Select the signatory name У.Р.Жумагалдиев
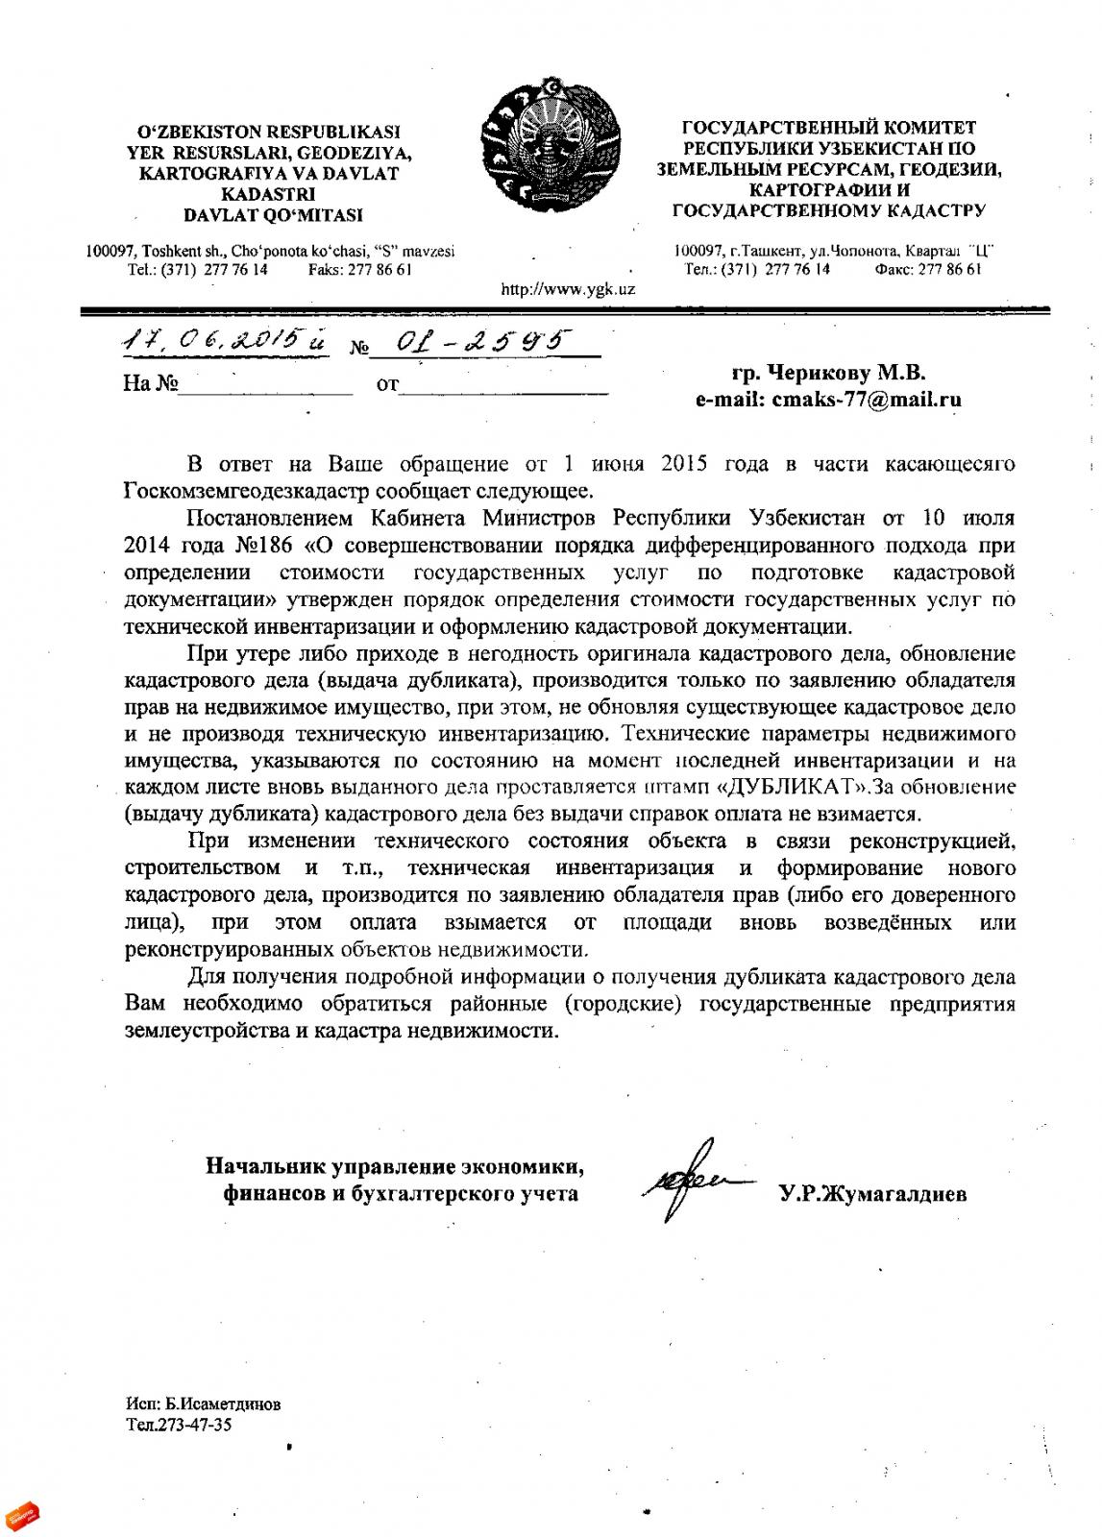[x=873, y=1195]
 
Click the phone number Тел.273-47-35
[x=179, y=1425]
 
